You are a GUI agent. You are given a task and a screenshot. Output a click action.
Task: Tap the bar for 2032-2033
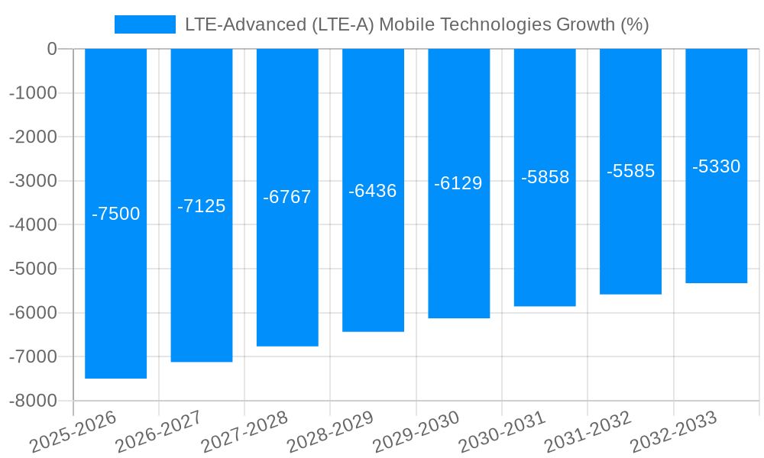716,229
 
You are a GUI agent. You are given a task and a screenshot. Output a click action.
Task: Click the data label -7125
201,206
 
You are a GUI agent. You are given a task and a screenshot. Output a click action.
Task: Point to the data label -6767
287,197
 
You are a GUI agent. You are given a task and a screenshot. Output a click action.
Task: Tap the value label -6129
458,183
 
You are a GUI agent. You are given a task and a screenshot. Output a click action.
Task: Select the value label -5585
630,171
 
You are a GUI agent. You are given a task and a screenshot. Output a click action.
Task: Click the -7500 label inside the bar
115,214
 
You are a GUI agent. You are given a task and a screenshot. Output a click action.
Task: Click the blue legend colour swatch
144,24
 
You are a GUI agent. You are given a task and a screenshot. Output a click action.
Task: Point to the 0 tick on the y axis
52,49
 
